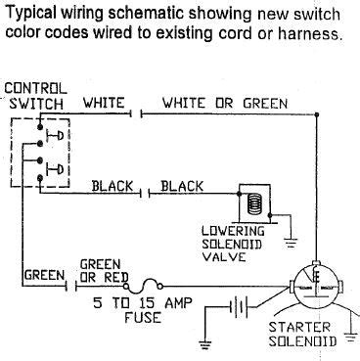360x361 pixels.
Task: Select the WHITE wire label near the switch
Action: click(103, 102)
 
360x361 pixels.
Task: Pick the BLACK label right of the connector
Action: click(181, 185)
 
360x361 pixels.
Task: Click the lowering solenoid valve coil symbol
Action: click(253, 203)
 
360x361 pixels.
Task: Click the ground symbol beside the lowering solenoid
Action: click(291, 236)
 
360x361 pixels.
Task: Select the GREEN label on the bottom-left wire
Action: click(43, 276)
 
